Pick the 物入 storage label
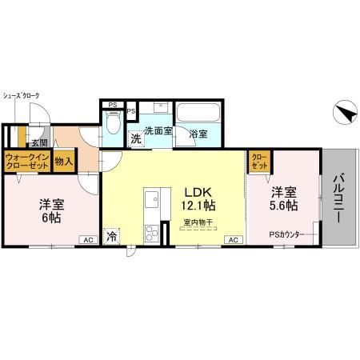coord(64,162)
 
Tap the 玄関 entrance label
coord(39,143)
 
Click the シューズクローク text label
coord(21,95)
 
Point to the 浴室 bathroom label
coord(198,134)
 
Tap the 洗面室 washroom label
coord(158,131)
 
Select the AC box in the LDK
coord(233,239)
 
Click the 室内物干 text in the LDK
coord(196,221)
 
